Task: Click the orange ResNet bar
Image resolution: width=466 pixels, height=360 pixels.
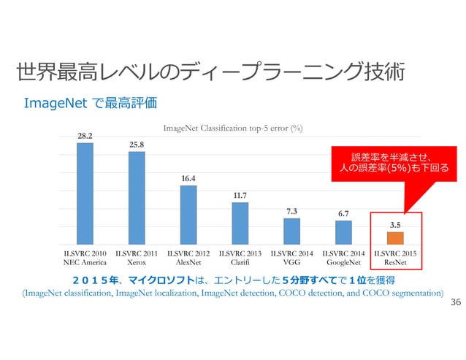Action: pos(395,238)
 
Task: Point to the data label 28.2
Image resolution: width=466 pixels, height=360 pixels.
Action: pos(85,135)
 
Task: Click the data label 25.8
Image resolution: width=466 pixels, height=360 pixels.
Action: pos(137,145)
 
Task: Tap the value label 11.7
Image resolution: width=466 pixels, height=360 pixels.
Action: pos(240,195)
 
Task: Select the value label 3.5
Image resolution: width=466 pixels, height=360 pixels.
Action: pos(395,224)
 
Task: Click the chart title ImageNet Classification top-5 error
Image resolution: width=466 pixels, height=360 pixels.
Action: pos(233,129)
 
